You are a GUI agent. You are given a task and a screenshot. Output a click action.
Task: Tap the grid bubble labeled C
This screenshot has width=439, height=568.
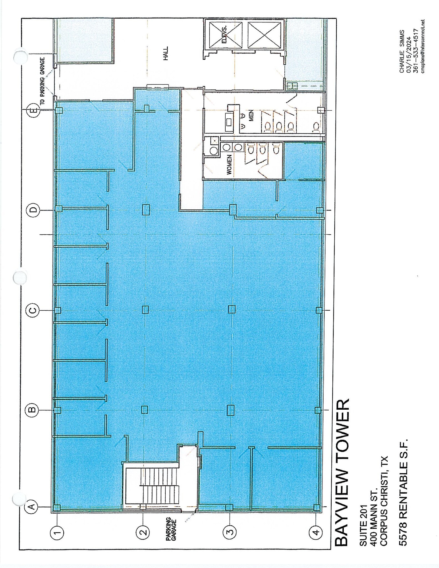33,310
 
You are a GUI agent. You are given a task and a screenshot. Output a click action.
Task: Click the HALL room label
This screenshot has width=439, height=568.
166,53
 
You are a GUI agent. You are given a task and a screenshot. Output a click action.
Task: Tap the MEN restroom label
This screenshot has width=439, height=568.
251,115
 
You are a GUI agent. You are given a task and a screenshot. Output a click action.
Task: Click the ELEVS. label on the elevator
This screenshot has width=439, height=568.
224,34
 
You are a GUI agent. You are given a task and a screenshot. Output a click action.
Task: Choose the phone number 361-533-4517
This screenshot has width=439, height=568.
416,51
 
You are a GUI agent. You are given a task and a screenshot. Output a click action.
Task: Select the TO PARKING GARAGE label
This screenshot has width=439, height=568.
42,81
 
